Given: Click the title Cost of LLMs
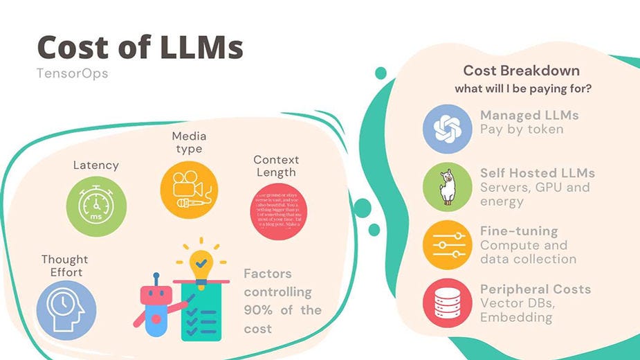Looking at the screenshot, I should [x=140, y=47].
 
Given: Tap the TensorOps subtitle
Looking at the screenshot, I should [x=72, y=73].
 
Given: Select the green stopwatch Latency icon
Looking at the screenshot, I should [x=96, y=205].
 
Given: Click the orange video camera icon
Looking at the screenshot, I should [x=189, y=190].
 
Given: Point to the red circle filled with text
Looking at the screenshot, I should [x=277, y=211].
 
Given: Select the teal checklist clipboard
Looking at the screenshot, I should [x=202, y=311].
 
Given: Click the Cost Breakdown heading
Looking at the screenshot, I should [x=521, y=71].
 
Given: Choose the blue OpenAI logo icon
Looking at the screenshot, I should [x=447, y=128].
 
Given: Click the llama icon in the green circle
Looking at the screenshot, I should [x=447, y=187].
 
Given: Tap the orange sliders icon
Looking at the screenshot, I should [x=447, y=245].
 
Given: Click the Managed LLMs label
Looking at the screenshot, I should [x=529, y=115].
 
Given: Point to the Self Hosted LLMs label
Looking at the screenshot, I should [x=538, y=173].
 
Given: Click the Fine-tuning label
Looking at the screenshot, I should [x=519, y=231].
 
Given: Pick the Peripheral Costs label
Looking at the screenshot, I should [x=536, y=289].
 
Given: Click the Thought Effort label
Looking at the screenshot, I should [x=65, y=266].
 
